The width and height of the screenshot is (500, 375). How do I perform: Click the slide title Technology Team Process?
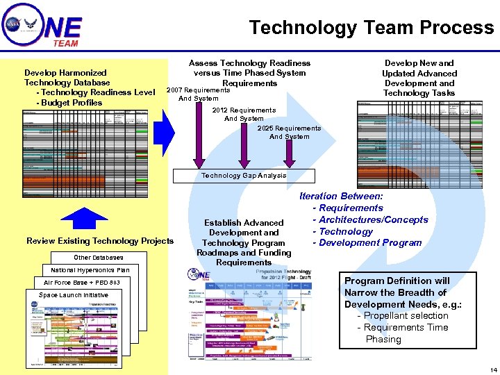372,28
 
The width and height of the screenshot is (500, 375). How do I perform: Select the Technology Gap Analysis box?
244,176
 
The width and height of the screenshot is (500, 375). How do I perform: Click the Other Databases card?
98,258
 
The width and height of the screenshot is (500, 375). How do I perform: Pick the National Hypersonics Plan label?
90,270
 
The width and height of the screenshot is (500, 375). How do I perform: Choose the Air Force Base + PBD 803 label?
82,283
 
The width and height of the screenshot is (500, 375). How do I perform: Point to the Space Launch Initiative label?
74,295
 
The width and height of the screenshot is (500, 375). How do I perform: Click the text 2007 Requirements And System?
198,94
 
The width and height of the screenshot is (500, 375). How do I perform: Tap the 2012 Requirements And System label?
244,114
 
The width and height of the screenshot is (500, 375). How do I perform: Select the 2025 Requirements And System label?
289,132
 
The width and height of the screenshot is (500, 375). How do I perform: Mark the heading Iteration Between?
341,197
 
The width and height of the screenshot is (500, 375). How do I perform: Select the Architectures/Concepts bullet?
374,219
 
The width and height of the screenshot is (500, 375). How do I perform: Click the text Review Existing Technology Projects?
100,241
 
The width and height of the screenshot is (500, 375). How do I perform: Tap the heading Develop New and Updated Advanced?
419,68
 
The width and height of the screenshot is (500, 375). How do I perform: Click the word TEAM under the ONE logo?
65,43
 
